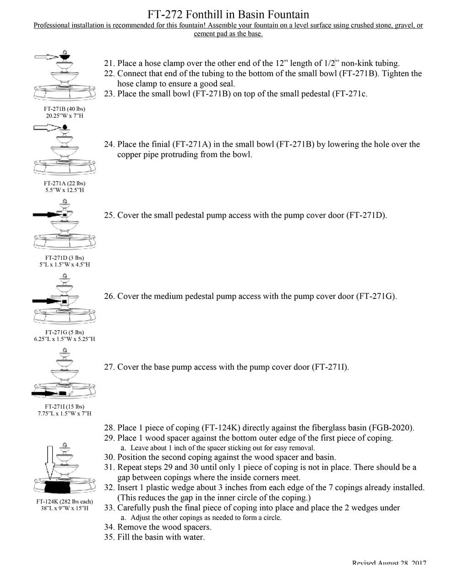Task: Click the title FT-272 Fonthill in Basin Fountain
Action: point(228,14)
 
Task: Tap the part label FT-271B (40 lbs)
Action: point(65,109)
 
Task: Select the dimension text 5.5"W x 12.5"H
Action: point(65,190)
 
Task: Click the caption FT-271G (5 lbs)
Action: point(65,332)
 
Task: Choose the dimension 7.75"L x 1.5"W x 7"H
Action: point(65,413)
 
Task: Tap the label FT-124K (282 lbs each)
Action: point(65,501)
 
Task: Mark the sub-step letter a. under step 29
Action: point(123,448)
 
